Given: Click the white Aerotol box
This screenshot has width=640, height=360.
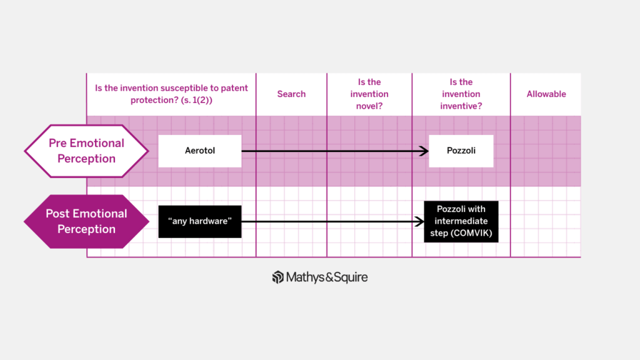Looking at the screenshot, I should [x=200, y=151].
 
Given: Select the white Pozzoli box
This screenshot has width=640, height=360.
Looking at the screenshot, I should [x=461, y=151].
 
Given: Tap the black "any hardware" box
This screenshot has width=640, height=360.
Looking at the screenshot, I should [x=200, y=221].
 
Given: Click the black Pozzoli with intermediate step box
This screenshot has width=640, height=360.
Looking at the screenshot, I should [x=461, y=221].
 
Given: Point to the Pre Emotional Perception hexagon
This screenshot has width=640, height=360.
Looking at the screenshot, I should [x=86, y=151].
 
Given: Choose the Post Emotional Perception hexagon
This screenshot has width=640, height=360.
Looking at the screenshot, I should [x=86, y=221].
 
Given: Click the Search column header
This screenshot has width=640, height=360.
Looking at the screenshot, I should [x=291, y=94].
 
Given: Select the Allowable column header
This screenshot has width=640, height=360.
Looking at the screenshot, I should [x=546, y=94].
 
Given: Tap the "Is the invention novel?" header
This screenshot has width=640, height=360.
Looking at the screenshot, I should [x=369, y=94].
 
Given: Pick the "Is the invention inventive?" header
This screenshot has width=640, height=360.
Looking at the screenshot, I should [x=461, y=94].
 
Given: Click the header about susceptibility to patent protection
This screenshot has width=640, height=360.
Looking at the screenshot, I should [x=171, y=94].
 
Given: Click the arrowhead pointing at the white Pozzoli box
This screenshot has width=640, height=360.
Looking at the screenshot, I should [x=424, y=151].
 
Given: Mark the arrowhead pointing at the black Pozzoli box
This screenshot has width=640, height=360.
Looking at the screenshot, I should [x=420, y=221].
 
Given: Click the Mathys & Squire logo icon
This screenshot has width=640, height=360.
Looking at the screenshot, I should [x=278, y=277].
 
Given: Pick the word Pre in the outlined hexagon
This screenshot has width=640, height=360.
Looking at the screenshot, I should [x=57, y=143].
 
